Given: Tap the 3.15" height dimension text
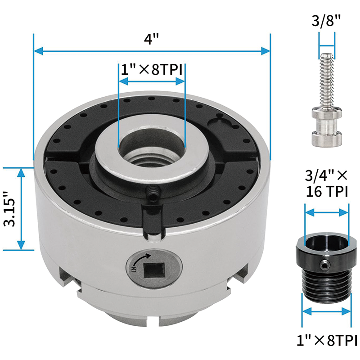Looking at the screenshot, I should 10,210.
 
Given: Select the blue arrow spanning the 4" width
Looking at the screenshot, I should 152,51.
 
